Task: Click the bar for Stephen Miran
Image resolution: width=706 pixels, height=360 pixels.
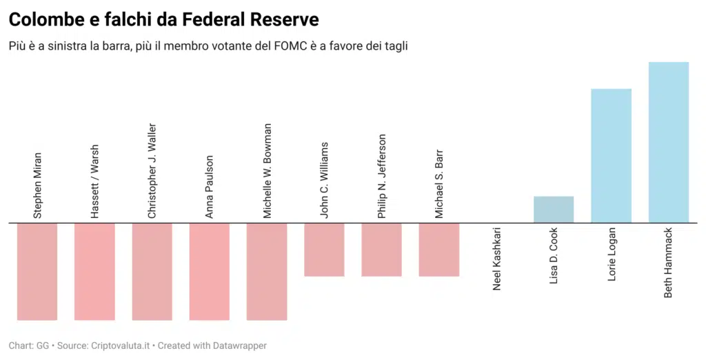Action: click(37, 272)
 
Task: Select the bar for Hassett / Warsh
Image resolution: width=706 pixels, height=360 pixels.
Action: click(94, 272)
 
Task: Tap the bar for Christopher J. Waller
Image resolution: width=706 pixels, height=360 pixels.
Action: click(152, 272)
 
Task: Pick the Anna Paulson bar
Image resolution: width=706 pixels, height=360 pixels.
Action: click(210, 272)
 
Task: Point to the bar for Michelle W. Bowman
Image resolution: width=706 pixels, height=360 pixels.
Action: click(267, 272)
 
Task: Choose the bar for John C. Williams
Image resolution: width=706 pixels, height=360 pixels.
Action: click(324, 250)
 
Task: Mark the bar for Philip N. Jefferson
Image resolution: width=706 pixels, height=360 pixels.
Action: click(381, 250)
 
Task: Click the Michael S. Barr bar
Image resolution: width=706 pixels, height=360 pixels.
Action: click(439, 250)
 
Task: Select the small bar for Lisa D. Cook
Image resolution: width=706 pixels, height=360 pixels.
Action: click(554, 210)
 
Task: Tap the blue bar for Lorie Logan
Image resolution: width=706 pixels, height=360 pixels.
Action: click(612, 156)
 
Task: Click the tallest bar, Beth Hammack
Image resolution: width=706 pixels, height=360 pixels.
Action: click(669, 143)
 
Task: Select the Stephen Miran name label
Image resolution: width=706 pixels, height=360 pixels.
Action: click(37, 186)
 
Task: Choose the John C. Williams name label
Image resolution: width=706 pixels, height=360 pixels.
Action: click(324, 181)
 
